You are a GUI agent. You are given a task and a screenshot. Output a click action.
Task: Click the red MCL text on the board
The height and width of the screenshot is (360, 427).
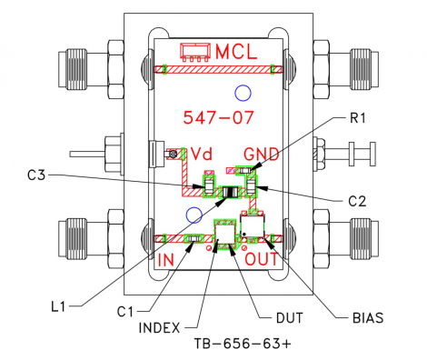(236, 51)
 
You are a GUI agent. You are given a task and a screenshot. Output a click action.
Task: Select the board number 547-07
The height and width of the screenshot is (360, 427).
(215, 117)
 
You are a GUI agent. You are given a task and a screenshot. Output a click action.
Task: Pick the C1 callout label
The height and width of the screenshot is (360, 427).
(130, 313)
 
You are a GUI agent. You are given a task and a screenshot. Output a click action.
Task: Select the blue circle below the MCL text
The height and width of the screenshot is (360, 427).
(242, 91)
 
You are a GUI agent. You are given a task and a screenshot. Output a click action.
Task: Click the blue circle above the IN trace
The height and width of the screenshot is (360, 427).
(193, 215)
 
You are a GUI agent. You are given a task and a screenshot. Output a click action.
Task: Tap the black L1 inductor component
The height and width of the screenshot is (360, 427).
(231, 191)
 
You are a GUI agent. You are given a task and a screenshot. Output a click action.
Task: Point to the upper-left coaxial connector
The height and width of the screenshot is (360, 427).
(85, 70)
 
